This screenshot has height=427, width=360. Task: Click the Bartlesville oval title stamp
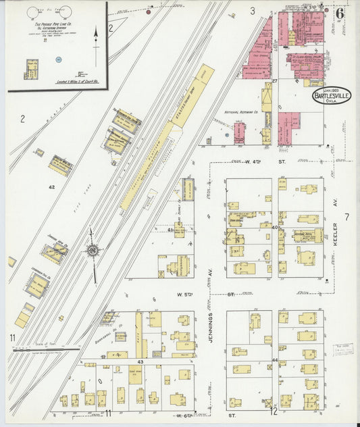click(331, 95)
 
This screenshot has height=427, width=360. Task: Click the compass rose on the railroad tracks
click(91, 251)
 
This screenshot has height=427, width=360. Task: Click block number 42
click(51, 186)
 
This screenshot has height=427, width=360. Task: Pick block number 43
click(141, 363)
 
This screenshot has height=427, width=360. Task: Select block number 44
click(275, 359)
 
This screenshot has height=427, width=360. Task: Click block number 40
click(275, 228)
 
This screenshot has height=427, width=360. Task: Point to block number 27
click(275, 82)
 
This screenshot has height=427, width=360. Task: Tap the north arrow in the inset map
click(95, 37)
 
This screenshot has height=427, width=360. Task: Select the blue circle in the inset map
click(59, 60)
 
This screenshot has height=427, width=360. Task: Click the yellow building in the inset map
click(32, 68)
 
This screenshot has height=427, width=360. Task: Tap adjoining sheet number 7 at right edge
click(346, 217)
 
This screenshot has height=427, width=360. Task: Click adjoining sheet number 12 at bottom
click(274, 411)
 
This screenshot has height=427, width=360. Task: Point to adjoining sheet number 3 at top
click(252, 11)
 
